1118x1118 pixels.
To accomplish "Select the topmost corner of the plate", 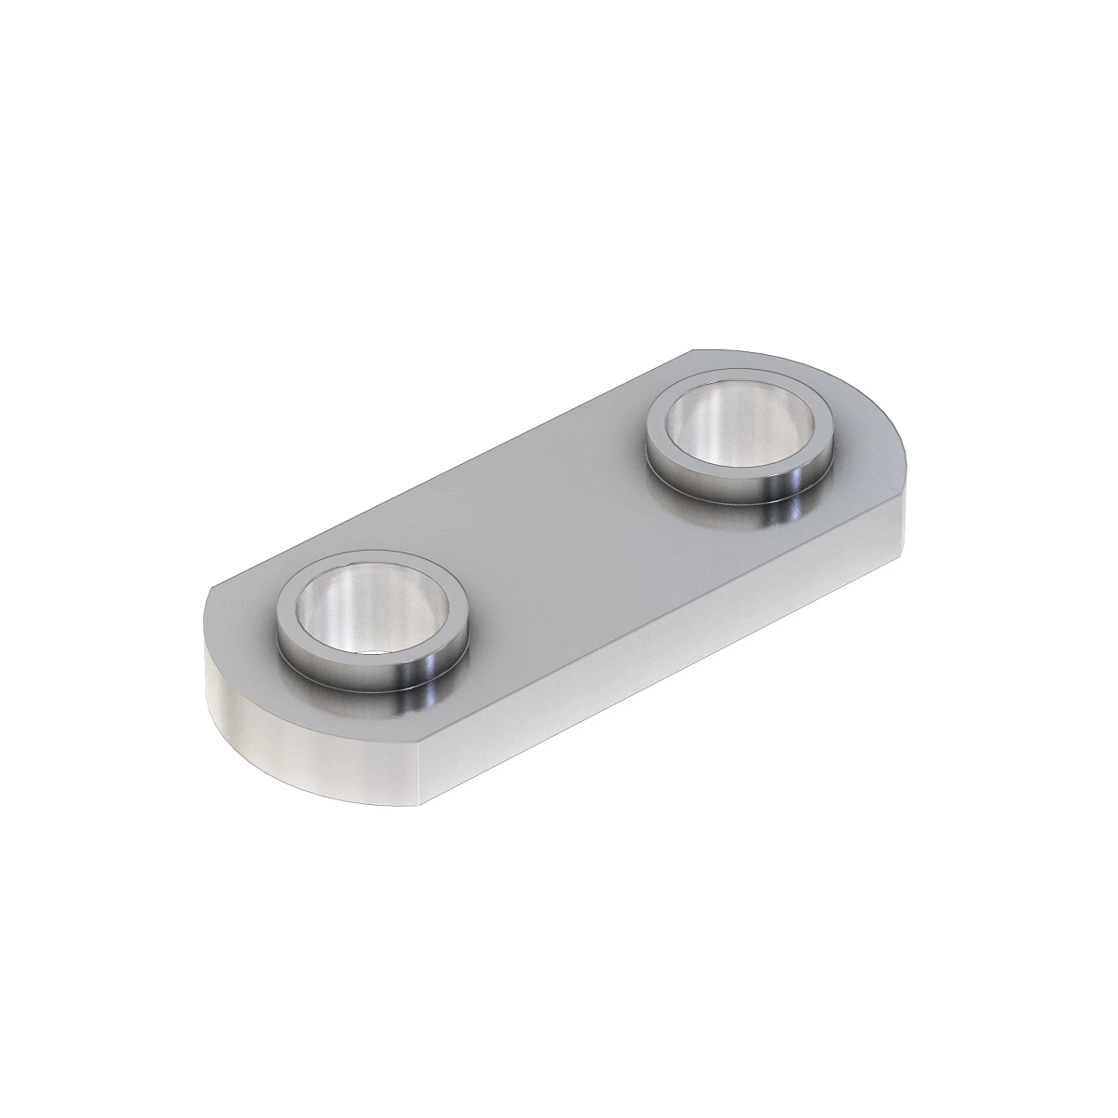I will [694, 351].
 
